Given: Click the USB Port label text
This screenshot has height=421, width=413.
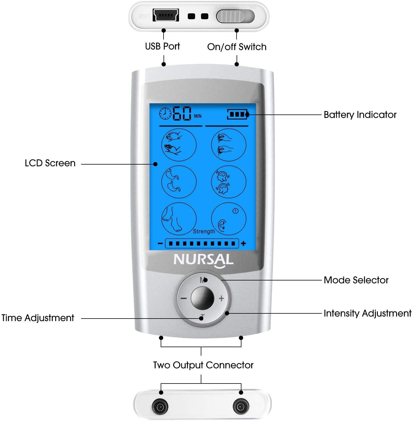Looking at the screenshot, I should click(162, 46).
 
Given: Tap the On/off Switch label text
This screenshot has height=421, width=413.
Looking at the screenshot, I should click(237, 47).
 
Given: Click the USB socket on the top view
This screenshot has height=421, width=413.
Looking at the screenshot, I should click(166, 15).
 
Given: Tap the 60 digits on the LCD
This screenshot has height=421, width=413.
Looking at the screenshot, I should click(182, 114).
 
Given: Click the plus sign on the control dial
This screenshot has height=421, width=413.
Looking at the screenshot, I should click(221, 299).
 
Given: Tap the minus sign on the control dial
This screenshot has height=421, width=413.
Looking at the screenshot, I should click(184, 299).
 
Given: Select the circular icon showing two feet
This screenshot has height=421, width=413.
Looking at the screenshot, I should click(179, 219).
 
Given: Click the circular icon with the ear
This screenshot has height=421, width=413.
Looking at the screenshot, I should click(229, 219).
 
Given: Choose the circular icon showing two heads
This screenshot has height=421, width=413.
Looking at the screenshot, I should click(229, 182).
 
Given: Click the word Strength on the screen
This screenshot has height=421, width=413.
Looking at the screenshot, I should click(204, 231).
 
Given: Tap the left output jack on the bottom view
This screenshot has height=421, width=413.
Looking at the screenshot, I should click(160, 406).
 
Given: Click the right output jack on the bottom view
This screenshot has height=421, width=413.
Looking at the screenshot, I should click(241, 406).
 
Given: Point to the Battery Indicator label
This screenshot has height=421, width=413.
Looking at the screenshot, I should click(360, 115).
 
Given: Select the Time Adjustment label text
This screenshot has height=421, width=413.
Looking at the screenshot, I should click(38, 318).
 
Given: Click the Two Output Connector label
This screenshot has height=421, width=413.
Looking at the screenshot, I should click(203, 365).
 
